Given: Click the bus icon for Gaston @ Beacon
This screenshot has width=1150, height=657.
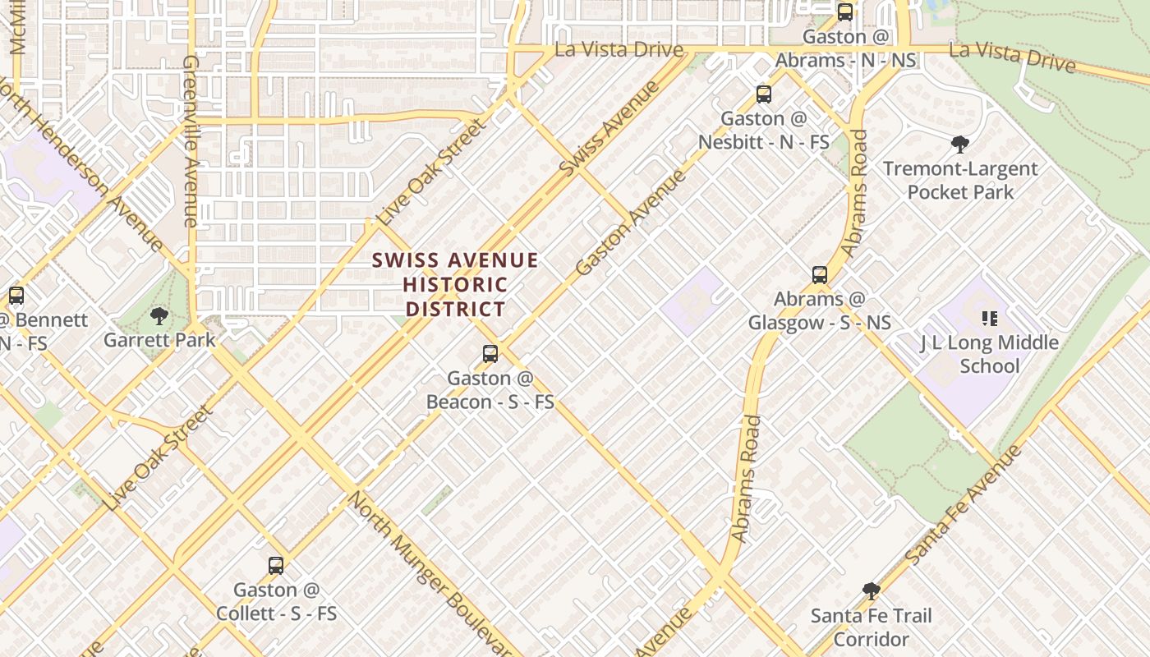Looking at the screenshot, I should (490, 354).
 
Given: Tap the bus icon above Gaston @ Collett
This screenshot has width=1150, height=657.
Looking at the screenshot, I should (276, 566).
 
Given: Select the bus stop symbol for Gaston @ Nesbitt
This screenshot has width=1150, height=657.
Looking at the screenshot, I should (764, 94).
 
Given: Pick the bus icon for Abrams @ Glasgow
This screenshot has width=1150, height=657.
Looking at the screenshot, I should (819, 275).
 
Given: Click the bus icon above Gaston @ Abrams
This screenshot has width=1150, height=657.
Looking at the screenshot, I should (845, 12).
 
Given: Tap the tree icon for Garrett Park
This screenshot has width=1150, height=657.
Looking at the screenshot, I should (159, 316).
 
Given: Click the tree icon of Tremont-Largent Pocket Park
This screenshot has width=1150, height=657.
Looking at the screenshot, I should (959, 145).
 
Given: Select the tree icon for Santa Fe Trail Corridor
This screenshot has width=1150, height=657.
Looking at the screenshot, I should (872, 591).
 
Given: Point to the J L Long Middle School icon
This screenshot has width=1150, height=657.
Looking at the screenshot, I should (989, 319).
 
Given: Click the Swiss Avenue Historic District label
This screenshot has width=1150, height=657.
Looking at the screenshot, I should (455, 285).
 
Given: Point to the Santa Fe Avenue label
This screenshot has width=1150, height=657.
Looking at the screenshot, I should (964, 505).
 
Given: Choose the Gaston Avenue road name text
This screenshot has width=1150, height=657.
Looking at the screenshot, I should (630, 223).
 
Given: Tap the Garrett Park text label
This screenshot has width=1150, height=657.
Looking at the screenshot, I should (159, 340).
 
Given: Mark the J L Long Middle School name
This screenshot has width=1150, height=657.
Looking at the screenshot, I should (989, 354).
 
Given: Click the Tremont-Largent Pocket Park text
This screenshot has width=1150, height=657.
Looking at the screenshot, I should (960, 181).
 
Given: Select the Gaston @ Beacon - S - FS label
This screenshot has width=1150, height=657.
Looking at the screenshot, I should (490, 390).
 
